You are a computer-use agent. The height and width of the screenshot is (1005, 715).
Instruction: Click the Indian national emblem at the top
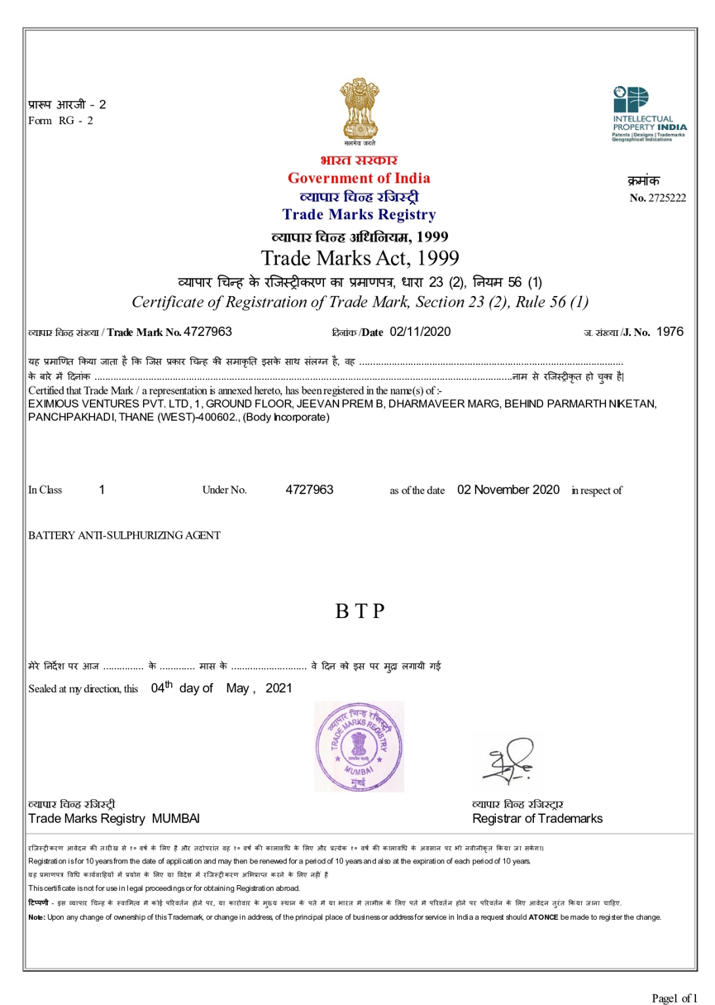pyautogui.click(x=358, y=109)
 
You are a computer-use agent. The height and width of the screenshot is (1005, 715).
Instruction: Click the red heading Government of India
pyautogui.click(x=358, y=178)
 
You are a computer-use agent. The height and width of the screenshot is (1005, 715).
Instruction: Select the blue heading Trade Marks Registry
pyautogui.click(x=358, y=215)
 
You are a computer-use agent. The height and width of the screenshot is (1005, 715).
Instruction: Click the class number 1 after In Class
pyautogui.click(x=101, y=490)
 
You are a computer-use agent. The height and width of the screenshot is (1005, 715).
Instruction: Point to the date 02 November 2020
pyautogui.click(x=508, y=490)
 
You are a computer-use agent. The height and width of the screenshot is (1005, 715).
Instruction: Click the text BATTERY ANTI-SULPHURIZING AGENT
pyautogui.click(x=124, y=535)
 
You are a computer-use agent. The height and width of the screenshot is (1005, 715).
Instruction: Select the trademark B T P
pyautogui.click(x=359, y=612)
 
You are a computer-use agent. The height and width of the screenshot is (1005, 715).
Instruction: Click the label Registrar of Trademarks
pyautogui.click(x=536, y=819)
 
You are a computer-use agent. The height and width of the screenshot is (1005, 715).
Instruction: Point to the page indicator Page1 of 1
pyautogui.click(x=674, y=975)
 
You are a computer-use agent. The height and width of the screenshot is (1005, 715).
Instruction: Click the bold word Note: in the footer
pyautogui.click(x=36, y=918)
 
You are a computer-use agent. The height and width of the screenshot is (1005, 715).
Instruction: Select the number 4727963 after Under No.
pyautogui.click(x=309, y=490)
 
